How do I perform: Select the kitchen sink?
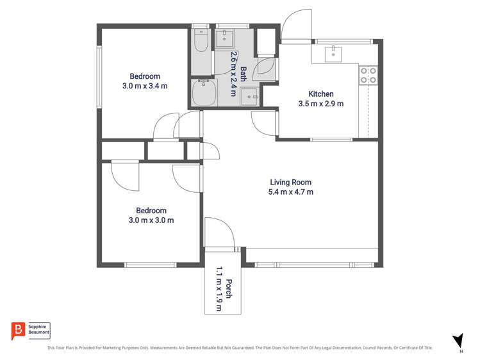[333, 54]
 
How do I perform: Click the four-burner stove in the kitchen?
[368, 76]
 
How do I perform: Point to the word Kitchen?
[320, 93]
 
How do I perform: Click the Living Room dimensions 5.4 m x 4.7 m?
[291, 192]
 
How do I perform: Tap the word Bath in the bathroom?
[244, 70]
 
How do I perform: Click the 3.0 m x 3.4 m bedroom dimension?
[144, 86]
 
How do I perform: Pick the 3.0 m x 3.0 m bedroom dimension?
[151, 220]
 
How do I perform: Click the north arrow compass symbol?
[458, 341]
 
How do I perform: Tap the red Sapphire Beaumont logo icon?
[18, 331]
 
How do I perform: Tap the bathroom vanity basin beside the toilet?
[225, 38]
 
